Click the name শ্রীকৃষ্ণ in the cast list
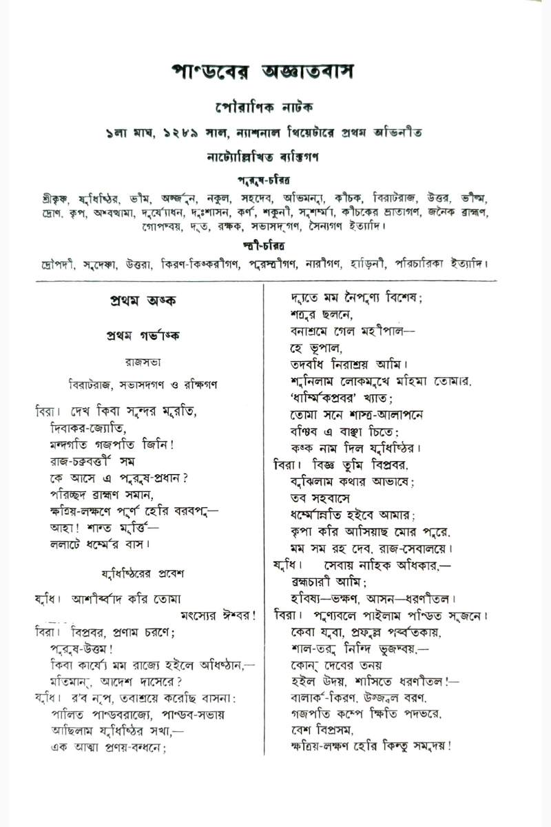(x=54, y=197)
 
